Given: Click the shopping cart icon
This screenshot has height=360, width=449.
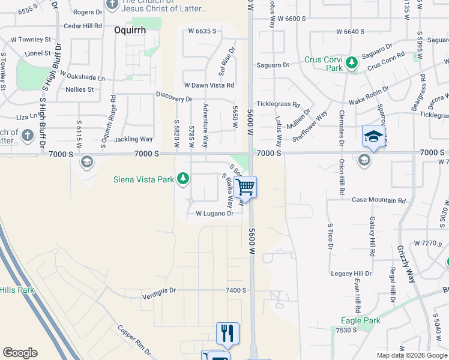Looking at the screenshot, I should [245, 187].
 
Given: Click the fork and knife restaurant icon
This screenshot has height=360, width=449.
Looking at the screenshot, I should [228, 333].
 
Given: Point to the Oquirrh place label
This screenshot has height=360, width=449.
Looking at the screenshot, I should [131, 28].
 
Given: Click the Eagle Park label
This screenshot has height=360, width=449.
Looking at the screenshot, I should [361, 320].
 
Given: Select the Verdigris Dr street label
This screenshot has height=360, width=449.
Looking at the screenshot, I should [159, 290].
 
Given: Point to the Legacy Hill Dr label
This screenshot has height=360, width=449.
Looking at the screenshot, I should [352, 274].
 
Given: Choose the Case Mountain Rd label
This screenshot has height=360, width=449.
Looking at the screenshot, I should [376, 200].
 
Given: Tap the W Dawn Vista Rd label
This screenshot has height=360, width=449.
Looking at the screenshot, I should [208, 85].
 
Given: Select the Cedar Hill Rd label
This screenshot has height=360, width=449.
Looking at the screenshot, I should [83, 26].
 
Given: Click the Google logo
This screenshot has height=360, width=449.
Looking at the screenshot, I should [20, 353].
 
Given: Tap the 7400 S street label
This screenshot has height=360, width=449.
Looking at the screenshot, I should [236, 290].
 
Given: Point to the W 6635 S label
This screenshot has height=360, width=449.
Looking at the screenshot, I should [201, 31].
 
